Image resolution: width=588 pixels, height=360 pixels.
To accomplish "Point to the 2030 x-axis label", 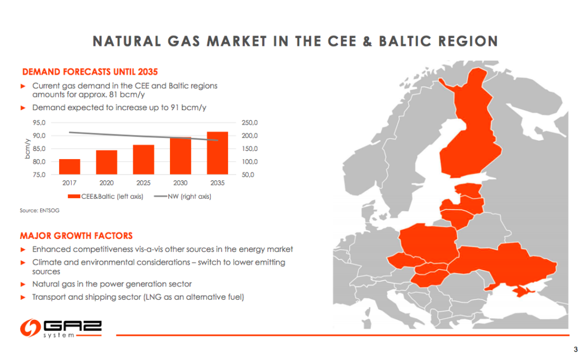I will click(x=180, y=183).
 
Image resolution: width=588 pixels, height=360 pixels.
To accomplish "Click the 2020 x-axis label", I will click(x=106, y=183).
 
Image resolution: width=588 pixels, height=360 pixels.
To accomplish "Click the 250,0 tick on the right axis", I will click(x=251, y=123).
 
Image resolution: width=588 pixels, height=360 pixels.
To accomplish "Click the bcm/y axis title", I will click(x=27, y=149).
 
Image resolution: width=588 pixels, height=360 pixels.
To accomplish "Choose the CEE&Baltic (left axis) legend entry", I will click(x=110, y=196).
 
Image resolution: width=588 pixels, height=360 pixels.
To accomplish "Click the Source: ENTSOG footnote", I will click(x=40, y=211).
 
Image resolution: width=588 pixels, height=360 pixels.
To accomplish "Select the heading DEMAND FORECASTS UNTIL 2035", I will click(x=89, y=72).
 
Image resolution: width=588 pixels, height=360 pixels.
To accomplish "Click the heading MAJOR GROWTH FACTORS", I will click(x=76, y=235).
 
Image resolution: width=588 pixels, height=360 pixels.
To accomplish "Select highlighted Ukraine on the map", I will click(x=505, y=264).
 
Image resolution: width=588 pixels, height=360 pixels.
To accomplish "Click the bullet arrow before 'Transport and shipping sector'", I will click(x=24, y=297).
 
